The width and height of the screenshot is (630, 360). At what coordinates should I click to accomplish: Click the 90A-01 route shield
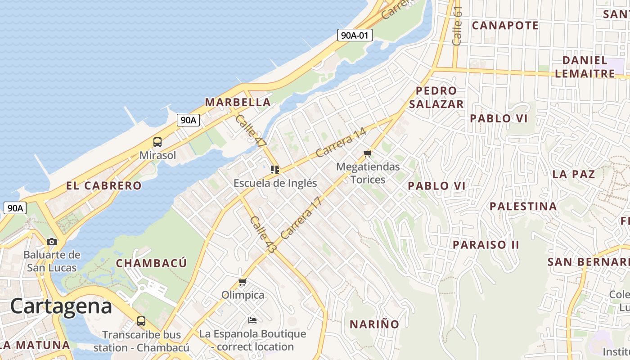pyautogui.click(x=355, y=35)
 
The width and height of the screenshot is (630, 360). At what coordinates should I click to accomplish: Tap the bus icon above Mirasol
pyautogui.click(x=157, y=142)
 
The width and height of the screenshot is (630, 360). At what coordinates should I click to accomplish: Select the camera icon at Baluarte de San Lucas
pyautogui.click(x=52, y=242)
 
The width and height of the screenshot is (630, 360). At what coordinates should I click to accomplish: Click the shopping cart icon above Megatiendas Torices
pyautogui.click(x=368, y=154)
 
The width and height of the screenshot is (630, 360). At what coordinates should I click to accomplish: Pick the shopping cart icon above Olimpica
pyautogui.click(x=243, y=282)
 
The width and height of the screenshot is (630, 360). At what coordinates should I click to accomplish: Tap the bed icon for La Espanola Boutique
pyautogui.click(x=252, y=320)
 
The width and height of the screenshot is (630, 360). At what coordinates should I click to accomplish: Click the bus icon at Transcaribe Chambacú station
pyautogui.click(x=141, y=321)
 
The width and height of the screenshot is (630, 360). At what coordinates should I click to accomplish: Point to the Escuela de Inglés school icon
pyautogui.click(x=275, y=170)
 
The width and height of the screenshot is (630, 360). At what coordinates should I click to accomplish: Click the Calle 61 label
pyautogui.click(x=457, y=26)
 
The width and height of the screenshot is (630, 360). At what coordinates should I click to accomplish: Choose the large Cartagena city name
pyautogui.click(x=61, y=306)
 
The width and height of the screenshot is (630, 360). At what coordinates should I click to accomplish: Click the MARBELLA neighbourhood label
pyautogui.click(x=238, y=102)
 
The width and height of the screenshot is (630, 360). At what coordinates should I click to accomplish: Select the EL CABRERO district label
pyautogui.click(x=104, y=185)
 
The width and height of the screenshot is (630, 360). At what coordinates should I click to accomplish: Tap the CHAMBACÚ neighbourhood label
pyautogui.click(x=151, y=263)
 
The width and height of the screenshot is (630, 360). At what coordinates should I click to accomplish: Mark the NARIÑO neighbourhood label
pyautogui.click(x=374, y=324)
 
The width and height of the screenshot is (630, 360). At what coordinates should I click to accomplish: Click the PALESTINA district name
pyautogui.click(x=523, y=206)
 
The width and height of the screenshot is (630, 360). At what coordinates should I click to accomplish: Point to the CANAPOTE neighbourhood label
pyautogui.click(x=505, y=25)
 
